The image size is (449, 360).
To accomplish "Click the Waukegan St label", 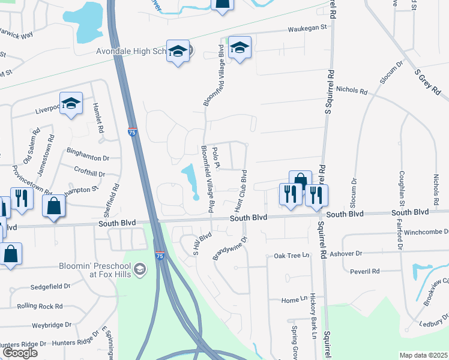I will tap(307, 28).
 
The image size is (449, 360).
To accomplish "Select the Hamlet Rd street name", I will tap(97, 118).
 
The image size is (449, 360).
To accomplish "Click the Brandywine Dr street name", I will tap(229, 248).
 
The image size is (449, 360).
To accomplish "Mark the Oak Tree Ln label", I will tap(291, 256).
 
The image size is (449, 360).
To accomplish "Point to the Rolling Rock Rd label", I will tap(40, 306).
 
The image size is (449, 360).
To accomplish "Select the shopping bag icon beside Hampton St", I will tap(54, 206).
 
